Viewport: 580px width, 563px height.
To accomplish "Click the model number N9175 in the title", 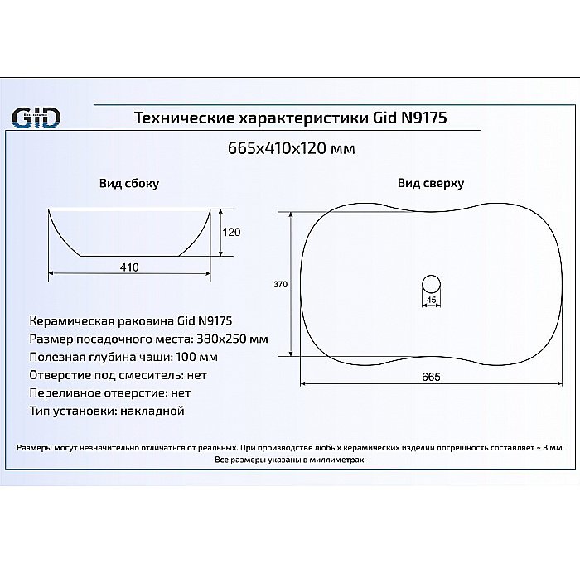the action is click(423, 118).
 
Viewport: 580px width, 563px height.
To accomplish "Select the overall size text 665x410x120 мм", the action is click(290, 149).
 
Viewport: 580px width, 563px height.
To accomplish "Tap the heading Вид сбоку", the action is click(128, 183).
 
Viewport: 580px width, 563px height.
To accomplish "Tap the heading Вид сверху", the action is click(430, 183).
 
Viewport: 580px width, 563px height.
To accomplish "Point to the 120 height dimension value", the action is click(232, 232).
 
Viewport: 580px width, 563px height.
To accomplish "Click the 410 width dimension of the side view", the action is click(128, 267).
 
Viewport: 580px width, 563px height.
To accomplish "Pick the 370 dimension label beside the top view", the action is click(280, 285).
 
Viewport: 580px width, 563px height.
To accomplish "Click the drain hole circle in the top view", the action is click(430, 281).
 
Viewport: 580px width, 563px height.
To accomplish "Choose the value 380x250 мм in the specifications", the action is click(232, 339).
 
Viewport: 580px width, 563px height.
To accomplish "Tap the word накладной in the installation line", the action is click(152, 411).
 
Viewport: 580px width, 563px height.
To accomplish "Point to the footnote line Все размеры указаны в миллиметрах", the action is click(290, 459).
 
